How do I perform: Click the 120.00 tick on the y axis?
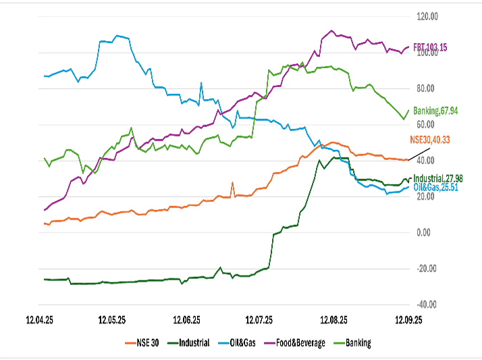(428, 16)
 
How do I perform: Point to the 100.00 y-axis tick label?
(428, 53)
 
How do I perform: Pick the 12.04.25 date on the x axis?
(39, 319)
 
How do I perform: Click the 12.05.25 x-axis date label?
(113, 319)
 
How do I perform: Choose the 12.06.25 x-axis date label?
(187, 319)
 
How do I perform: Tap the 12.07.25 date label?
(261, 319)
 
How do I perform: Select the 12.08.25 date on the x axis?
(334, 319)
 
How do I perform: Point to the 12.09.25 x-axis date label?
(407, 319)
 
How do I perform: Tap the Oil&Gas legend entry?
(237, 343)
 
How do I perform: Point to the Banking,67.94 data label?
(436, 110)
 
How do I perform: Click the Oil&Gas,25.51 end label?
(435, 187)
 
